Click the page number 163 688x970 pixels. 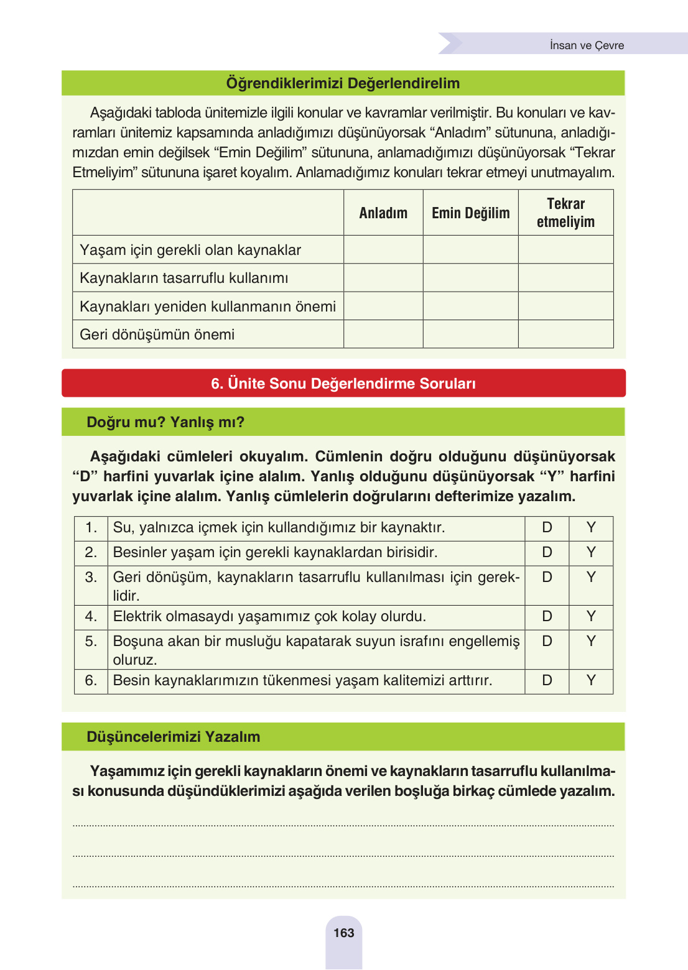[343, 933]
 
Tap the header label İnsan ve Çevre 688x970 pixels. [587, 45]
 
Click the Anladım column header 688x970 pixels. [383, 213]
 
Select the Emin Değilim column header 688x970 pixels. [470, 213]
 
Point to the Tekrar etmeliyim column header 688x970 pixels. [565, 213]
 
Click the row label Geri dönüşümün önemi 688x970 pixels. [157, 335]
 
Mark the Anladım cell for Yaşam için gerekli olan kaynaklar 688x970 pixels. [383, 250]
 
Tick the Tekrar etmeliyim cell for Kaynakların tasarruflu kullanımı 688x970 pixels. [565, 278]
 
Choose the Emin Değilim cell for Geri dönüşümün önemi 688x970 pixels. [470, 335]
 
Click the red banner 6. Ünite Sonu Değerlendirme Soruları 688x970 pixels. [343, 384]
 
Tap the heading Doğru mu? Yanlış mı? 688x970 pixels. [165, 422]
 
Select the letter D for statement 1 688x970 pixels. [547, 528]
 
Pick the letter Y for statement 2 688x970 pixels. [591, 552]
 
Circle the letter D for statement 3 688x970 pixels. [547, 577]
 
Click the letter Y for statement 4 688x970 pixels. [591, 616]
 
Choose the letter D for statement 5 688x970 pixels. [547, 641]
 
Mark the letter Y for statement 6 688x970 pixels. [591, 680]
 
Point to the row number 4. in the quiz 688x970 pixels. [91, 616]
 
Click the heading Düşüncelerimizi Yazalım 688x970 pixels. [174, 737]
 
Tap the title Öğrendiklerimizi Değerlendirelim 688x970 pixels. [343, 83]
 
